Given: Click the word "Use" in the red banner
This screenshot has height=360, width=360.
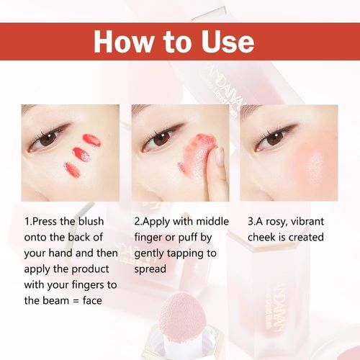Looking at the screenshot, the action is click(x=228, y=41).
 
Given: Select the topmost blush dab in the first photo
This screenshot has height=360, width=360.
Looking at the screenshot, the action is click(x=91, y=140).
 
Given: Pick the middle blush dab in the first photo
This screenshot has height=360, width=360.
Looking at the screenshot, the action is click(x=81, y=154).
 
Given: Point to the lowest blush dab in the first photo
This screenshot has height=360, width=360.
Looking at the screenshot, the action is click(x=72, y=169).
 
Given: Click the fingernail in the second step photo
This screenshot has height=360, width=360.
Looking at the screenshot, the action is click(x=219, y=156).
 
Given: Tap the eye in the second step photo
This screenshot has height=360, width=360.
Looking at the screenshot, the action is click(x=160, y=140).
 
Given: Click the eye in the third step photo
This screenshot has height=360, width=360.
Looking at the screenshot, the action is click(x=273, y=140).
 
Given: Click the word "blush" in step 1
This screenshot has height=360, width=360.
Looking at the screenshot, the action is click(x=91, y=221).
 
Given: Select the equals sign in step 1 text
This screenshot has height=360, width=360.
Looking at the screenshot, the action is click(x=76, y=301).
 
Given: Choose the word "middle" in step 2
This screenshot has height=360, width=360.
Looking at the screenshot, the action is click(x=212, y=221).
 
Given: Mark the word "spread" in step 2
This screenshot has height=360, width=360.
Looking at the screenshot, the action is click(x=150, y=269).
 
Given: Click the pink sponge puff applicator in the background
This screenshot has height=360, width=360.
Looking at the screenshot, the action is click(x=179, y=312).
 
